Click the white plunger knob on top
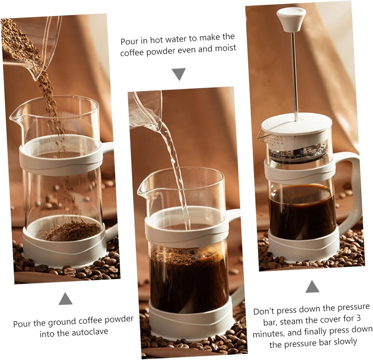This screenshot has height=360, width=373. pyautogui.click(x=291, y=18)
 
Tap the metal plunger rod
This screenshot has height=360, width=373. pyautogui.click(x=294, y=73)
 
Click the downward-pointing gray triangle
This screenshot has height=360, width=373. pyautogui.click(x=178, y=74)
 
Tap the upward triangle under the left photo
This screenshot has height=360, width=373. pyautogui.click(x=66, y=299)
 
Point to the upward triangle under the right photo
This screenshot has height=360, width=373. pyautogui.click(x=312, y=287)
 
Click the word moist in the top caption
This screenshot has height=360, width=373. pyautogui.click(x=224, y=48)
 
